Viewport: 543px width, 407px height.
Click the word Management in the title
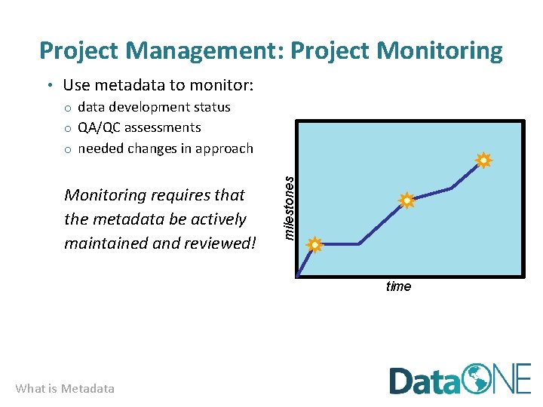(x=204, y=50)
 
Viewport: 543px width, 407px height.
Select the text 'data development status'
(x=154, y=107)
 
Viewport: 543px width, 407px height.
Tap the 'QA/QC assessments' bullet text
(x=140, y=127)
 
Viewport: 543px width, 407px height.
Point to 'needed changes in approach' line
(x=165, y=148)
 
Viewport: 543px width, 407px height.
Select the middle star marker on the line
(x=406, y=200)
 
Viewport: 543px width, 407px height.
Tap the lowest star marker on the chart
(x=314, y=244)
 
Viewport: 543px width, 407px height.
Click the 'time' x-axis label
(x=398, y=286)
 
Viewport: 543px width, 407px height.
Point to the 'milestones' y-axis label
(x=287, y=203)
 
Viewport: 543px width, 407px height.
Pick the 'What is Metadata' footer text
(x=65, y=389)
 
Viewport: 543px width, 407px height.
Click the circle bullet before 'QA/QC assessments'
(x=67, y=128)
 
